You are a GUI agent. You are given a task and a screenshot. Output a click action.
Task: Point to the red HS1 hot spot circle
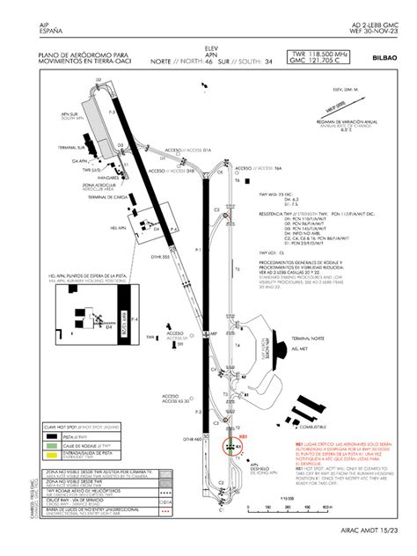point(230,446)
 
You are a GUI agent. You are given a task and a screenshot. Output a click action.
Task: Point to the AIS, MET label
point(312,347)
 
